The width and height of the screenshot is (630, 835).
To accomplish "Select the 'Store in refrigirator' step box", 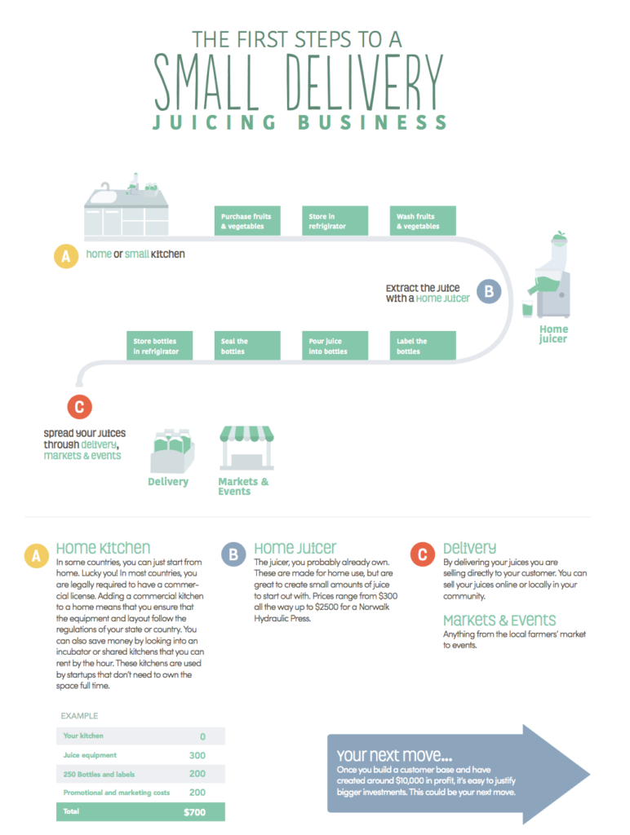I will [x=334, y=221].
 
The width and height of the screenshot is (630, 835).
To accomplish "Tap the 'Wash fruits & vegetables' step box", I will [x=422, y=221].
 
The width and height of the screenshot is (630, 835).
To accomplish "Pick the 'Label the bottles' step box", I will [x=422, y=346].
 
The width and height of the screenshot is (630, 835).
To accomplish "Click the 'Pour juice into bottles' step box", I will [x=334, y=346].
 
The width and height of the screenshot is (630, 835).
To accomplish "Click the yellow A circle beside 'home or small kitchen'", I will [x=65, y=257].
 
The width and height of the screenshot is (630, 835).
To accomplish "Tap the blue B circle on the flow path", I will [x=488, y=291].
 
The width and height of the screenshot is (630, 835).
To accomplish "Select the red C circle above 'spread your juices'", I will [x=78, y=407].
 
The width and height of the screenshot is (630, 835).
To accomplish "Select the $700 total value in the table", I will [x=194, y=812].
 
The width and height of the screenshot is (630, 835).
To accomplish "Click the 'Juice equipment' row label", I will [x=91, y=755].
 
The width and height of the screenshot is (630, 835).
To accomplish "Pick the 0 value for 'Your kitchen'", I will [x=202, y=736].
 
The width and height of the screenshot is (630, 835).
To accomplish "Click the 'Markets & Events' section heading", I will [x=499, y=620].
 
